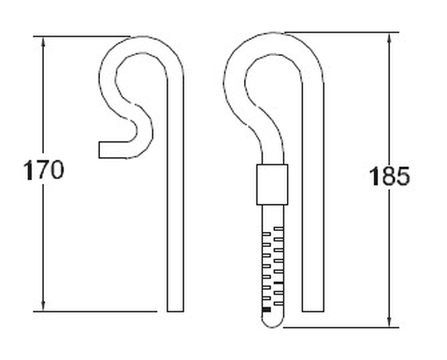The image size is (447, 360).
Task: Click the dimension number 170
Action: (44, 170)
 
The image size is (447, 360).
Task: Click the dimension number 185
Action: (389, 176)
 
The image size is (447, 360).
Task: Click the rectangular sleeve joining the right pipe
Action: (272, 184)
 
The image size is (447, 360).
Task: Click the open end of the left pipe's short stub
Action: (100, 149)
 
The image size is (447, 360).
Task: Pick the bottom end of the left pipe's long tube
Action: (175, 310)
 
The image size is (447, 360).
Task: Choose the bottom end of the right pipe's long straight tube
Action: (313, 310)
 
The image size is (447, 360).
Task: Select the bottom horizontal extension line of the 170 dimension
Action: (96, 312)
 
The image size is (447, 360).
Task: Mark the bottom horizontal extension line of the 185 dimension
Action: (338, 327)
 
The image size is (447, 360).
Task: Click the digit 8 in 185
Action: (388, 176)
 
